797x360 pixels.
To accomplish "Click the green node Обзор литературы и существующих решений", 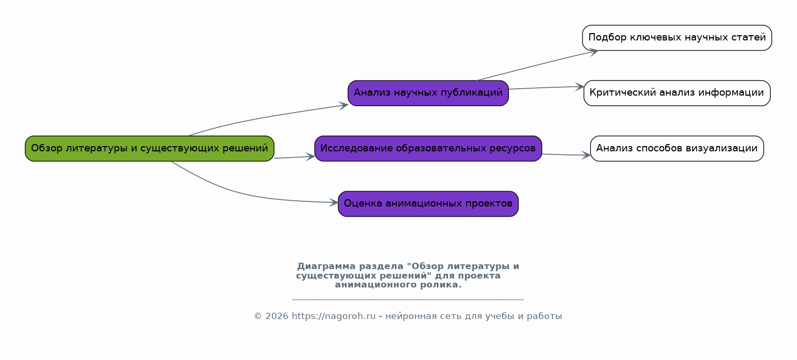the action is tap(149, 148).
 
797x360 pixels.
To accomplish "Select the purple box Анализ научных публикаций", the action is tap(428, 93).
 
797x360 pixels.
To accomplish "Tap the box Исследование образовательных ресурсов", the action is tap(428, 148).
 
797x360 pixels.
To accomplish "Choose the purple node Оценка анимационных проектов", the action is tap(428, 204).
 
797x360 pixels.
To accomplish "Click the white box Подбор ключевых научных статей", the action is tap(677, 38).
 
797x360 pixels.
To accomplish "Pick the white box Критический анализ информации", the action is tap(677, 93).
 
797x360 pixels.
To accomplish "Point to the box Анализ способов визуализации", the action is tap(677, 148).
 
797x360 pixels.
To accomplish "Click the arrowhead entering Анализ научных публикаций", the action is tap(344, 105).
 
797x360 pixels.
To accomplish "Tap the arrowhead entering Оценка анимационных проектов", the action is tap(334, 202).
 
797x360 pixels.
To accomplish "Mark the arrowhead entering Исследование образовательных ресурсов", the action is tap(311, 157).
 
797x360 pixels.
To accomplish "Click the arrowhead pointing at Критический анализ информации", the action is tap(580, 87).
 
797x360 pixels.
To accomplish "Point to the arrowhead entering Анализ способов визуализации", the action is tap(586, 155).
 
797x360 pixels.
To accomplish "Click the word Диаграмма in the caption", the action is tap(326, 266).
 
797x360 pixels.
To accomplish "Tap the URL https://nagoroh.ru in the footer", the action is tap(333, 316).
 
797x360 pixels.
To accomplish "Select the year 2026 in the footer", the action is tap(277, 316).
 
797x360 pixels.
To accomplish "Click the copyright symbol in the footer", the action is tap(258, 316).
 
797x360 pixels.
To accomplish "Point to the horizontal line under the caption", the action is tap(408, 300).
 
